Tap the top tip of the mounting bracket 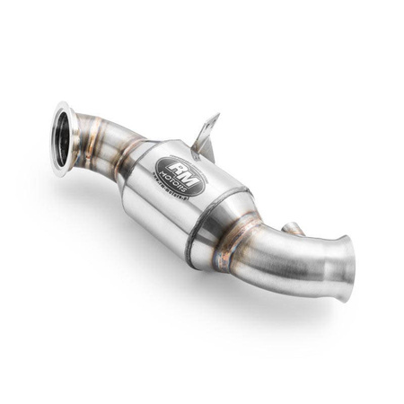point(215,116)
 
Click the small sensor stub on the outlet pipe point(291,229)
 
